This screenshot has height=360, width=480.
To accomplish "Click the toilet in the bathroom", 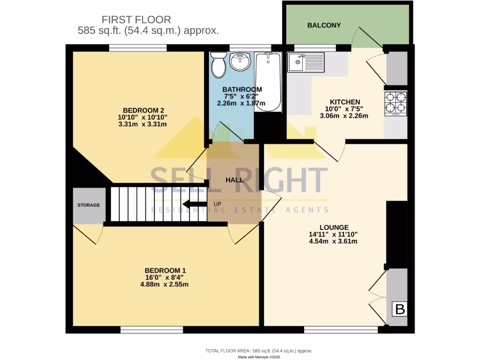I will click(x=218, y=66).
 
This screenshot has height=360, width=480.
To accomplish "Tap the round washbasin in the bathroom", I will click(x=240, y=61).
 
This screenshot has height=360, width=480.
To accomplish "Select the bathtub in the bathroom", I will click(x=268, y=82).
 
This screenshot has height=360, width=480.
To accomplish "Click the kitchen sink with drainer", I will click(x=306, y=62).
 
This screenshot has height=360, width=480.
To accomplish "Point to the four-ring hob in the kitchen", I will click(x=396, y=104).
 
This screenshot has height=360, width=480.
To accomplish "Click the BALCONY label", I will click(x=324, y=25).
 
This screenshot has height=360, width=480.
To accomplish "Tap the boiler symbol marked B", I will click(x=400, y=309).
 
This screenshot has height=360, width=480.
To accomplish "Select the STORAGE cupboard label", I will click(x=89, y=205).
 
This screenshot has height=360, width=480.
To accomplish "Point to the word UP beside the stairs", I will click(x=217, y=204).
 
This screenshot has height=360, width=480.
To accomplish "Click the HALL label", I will click(x=234, y=180).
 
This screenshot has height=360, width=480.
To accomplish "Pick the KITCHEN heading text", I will click(x=345, y=102).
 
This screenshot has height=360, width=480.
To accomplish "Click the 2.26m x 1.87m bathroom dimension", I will click(x=241, y=104).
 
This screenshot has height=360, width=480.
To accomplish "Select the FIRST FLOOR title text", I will click(x=136, y=20).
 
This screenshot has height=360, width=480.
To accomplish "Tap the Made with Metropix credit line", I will click(x=259, y=357).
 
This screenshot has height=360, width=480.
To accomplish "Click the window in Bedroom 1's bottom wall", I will click(x=151, y=330).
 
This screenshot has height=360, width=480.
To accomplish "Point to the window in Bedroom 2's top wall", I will click(x=138, y=47).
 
